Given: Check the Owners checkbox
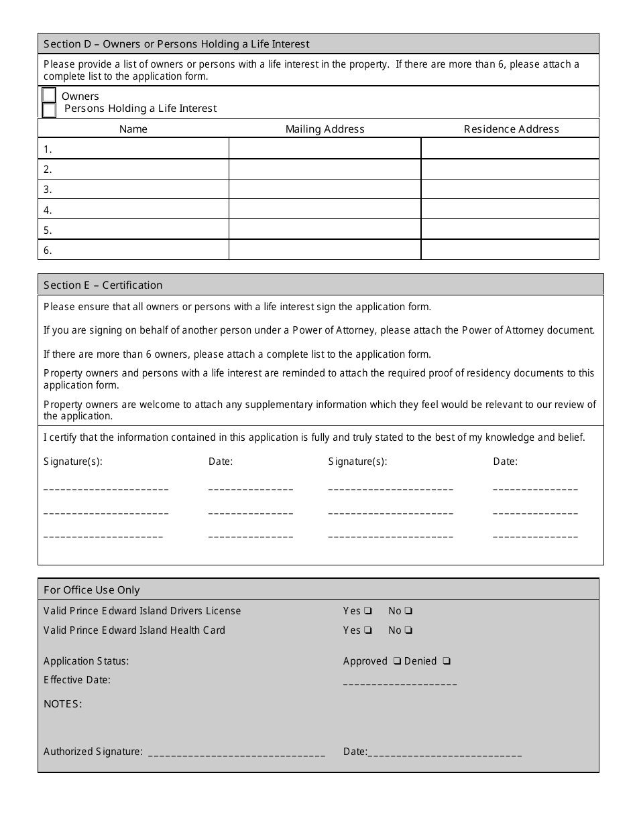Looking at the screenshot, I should pos(49,95).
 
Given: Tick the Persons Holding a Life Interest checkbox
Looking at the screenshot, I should pos(49,110).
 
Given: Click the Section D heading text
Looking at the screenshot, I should pos(176,44).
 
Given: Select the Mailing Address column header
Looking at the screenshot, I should pos(325,129).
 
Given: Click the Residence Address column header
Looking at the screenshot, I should pos(511,129).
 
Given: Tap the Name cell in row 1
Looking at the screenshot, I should pos(133,149).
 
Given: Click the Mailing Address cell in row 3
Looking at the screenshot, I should pos(325,190).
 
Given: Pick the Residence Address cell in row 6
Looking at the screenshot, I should pos(510,251).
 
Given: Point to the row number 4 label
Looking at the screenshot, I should pos(48,210).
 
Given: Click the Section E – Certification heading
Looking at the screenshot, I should pos(103,285).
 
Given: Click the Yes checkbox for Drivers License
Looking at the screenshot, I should pos(367,611).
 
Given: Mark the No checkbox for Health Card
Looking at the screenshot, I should pos(408,630).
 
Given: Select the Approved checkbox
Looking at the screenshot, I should pos(397,661).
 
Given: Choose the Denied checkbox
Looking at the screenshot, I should pos(447,661).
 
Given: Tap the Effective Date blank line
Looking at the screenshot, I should pos(400,683).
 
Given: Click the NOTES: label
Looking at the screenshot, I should pos(63,704).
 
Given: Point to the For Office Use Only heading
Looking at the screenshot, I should pos(92,590).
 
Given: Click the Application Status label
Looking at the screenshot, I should pos(86,661).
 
